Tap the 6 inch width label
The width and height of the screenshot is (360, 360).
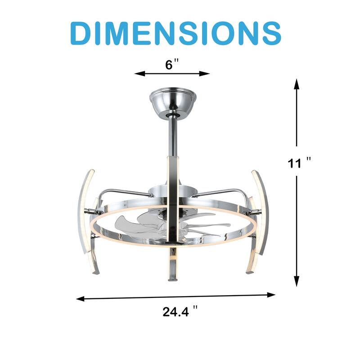169,65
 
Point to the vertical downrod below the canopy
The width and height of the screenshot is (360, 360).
172,135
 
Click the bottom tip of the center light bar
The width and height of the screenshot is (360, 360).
172,279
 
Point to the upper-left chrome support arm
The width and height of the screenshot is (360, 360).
121,192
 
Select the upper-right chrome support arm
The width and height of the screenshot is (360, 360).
223,192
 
